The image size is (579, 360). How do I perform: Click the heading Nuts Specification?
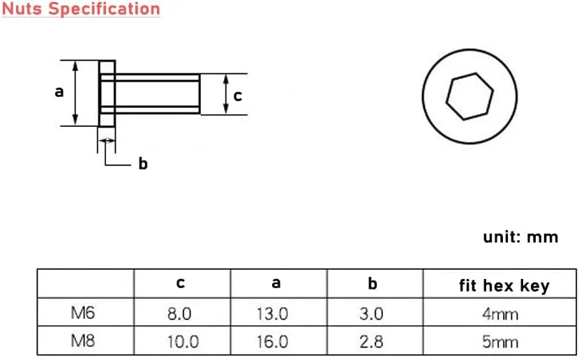pyautogui.click(x=80, y=9)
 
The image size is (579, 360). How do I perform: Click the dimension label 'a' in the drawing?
pyautogui.click(x=59, y=91)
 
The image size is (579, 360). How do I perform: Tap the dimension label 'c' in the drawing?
pyautogui.click(x=237, y=96)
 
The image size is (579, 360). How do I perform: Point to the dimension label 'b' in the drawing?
pyautogui.click(x=143, y=165)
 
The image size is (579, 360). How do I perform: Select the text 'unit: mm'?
pyautogui.click(x=520, y=237)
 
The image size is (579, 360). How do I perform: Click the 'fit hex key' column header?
pyautogui.click(x=504, y=285)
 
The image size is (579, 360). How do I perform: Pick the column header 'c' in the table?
pyautogui.click(x=181, y=283)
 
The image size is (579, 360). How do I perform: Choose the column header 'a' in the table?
pyautogui.click(x=276, y=283)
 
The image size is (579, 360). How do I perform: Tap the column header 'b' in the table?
pyautogui.click(x=373, y=283)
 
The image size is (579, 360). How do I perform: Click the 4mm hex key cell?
pyautogui.click(x=500, y=314)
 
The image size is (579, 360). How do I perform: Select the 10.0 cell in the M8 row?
pyautogui.click(x=180, y=342)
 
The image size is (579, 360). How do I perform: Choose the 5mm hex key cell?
pyautogui.click(x=500, y=342)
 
